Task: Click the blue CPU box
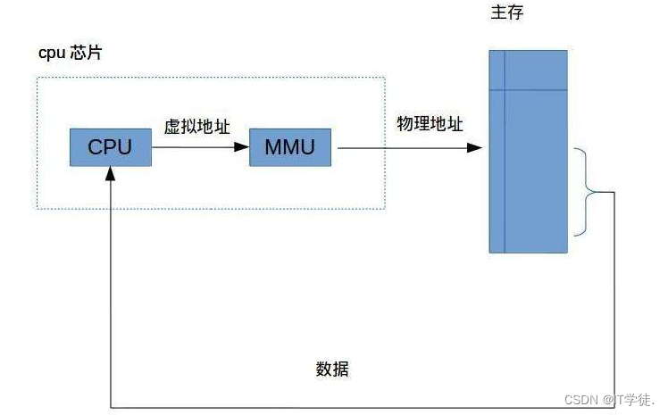[x=110, y=147]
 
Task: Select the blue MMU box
[x=289, y=147]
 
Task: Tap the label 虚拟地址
[x=196, y=128]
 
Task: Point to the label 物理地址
[x=430, y=125]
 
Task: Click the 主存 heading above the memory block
[x=506, y=14]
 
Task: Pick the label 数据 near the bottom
[x=334, y=369]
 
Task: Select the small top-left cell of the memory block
[x=497, y=69]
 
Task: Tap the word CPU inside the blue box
[x=110, y=147]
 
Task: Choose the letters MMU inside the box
[x=289, y=147]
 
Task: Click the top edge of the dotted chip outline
[x=211, y=78]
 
